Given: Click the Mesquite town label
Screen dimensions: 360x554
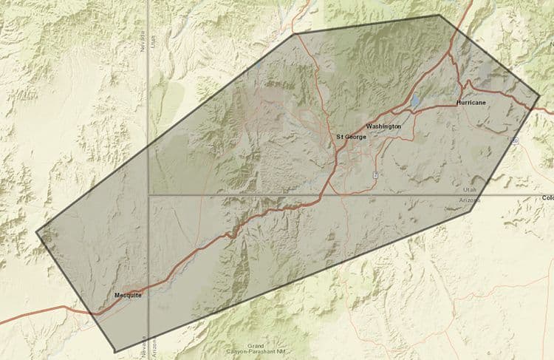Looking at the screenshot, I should (x=128, y=295).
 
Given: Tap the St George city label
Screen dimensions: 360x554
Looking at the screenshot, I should (x=351, y=137).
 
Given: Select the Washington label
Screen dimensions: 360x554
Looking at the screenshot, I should (x=383, y=126).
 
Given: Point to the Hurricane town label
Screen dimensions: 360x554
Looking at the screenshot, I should (x=471, y=102).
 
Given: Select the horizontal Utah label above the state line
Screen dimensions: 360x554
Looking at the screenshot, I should (x=459, y=191).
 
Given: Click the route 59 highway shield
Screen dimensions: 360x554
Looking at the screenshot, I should (x=515, y=140).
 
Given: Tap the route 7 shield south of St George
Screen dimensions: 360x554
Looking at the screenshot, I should (x=375, y=175).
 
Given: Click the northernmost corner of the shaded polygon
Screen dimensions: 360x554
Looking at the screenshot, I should (x=438, y=15).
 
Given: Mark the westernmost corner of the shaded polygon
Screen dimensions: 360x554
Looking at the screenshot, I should (x=36, y=232).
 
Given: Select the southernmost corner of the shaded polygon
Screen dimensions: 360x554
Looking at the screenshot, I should (x=114, y=350).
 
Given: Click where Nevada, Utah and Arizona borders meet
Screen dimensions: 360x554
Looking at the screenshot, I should (x=148, y=194).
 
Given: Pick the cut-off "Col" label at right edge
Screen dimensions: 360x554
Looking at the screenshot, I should (x=547, y=198).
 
